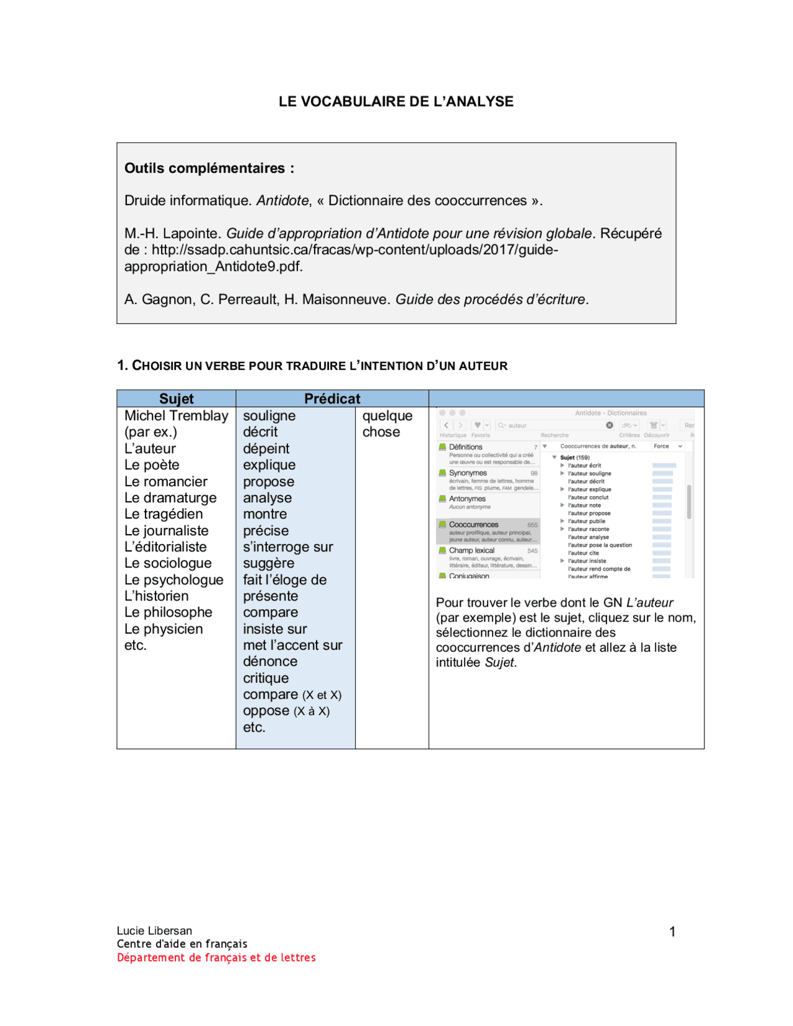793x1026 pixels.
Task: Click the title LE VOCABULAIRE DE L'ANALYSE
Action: tap(396, 102)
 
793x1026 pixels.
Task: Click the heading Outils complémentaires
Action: tap(209, 169)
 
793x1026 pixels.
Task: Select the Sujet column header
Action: tap(177, 398)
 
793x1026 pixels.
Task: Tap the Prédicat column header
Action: tap(332, 398)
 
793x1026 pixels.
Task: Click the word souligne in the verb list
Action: tap(269, 416)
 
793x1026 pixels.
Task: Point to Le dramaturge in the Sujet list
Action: tap(170, 498)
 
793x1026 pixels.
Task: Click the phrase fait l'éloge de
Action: tap(284, 580)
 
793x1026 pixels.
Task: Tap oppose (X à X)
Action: tap(286, 711)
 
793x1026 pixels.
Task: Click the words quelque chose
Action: tap(387, 424)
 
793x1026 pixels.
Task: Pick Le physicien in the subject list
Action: tap(164, 629)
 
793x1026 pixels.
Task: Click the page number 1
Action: tap(672, 931)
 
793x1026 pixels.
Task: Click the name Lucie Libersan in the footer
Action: tap(154, 931)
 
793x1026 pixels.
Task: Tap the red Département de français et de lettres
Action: tap(216, 957)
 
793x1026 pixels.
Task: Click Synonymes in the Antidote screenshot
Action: tap(468, 473)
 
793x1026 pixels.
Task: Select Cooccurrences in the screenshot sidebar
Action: tap(473, 525)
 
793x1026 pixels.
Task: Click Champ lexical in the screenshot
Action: tap(471, 550)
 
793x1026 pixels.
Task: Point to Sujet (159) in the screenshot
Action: tap(574, 457)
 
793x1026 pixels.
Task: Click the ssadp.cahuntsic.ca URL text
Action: tap(354, 250)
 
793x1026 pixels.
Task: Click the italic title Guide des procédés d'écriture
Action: tap(491, 299)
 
